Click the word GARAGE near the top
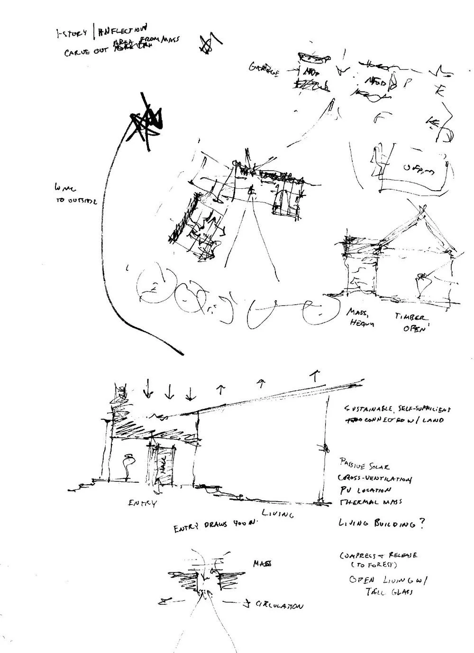click(264, 69)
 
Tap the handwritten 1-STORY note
click(72, 34)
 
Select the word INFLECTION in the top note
click(122, 32)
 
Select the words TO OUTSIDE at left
click(76, 201)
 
